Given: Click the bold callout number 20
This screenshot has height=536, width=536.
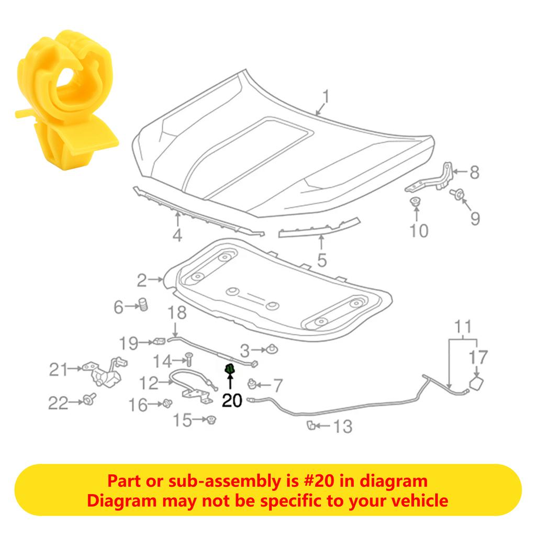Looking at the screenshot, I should click(232, 400).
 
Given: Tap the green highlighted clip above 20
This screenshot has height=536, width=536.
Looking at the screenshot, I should click(229, 370).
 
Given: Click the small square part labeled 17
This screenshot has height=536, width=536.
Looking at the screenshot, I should click(477, 385).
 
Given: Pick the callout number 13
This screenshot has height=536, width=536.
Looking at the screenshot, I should click(343, 427).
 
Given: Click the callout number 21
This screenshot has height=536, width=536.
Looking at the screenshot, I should click(58, 370).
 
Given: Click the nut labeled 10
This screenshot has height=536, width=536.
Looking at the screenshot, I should click(416, 202).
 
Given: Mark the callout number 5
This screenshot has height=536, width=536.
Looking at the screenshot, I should click(321, 259).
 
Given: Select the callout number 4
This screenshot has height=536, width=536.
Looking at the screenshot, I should click(177, 236).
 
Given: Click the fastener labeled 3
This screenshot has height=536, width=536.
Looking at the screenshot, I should click(272, 349).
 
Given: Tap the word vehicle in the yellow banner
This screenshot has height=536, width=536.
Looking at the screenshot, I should click(417, 501).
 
